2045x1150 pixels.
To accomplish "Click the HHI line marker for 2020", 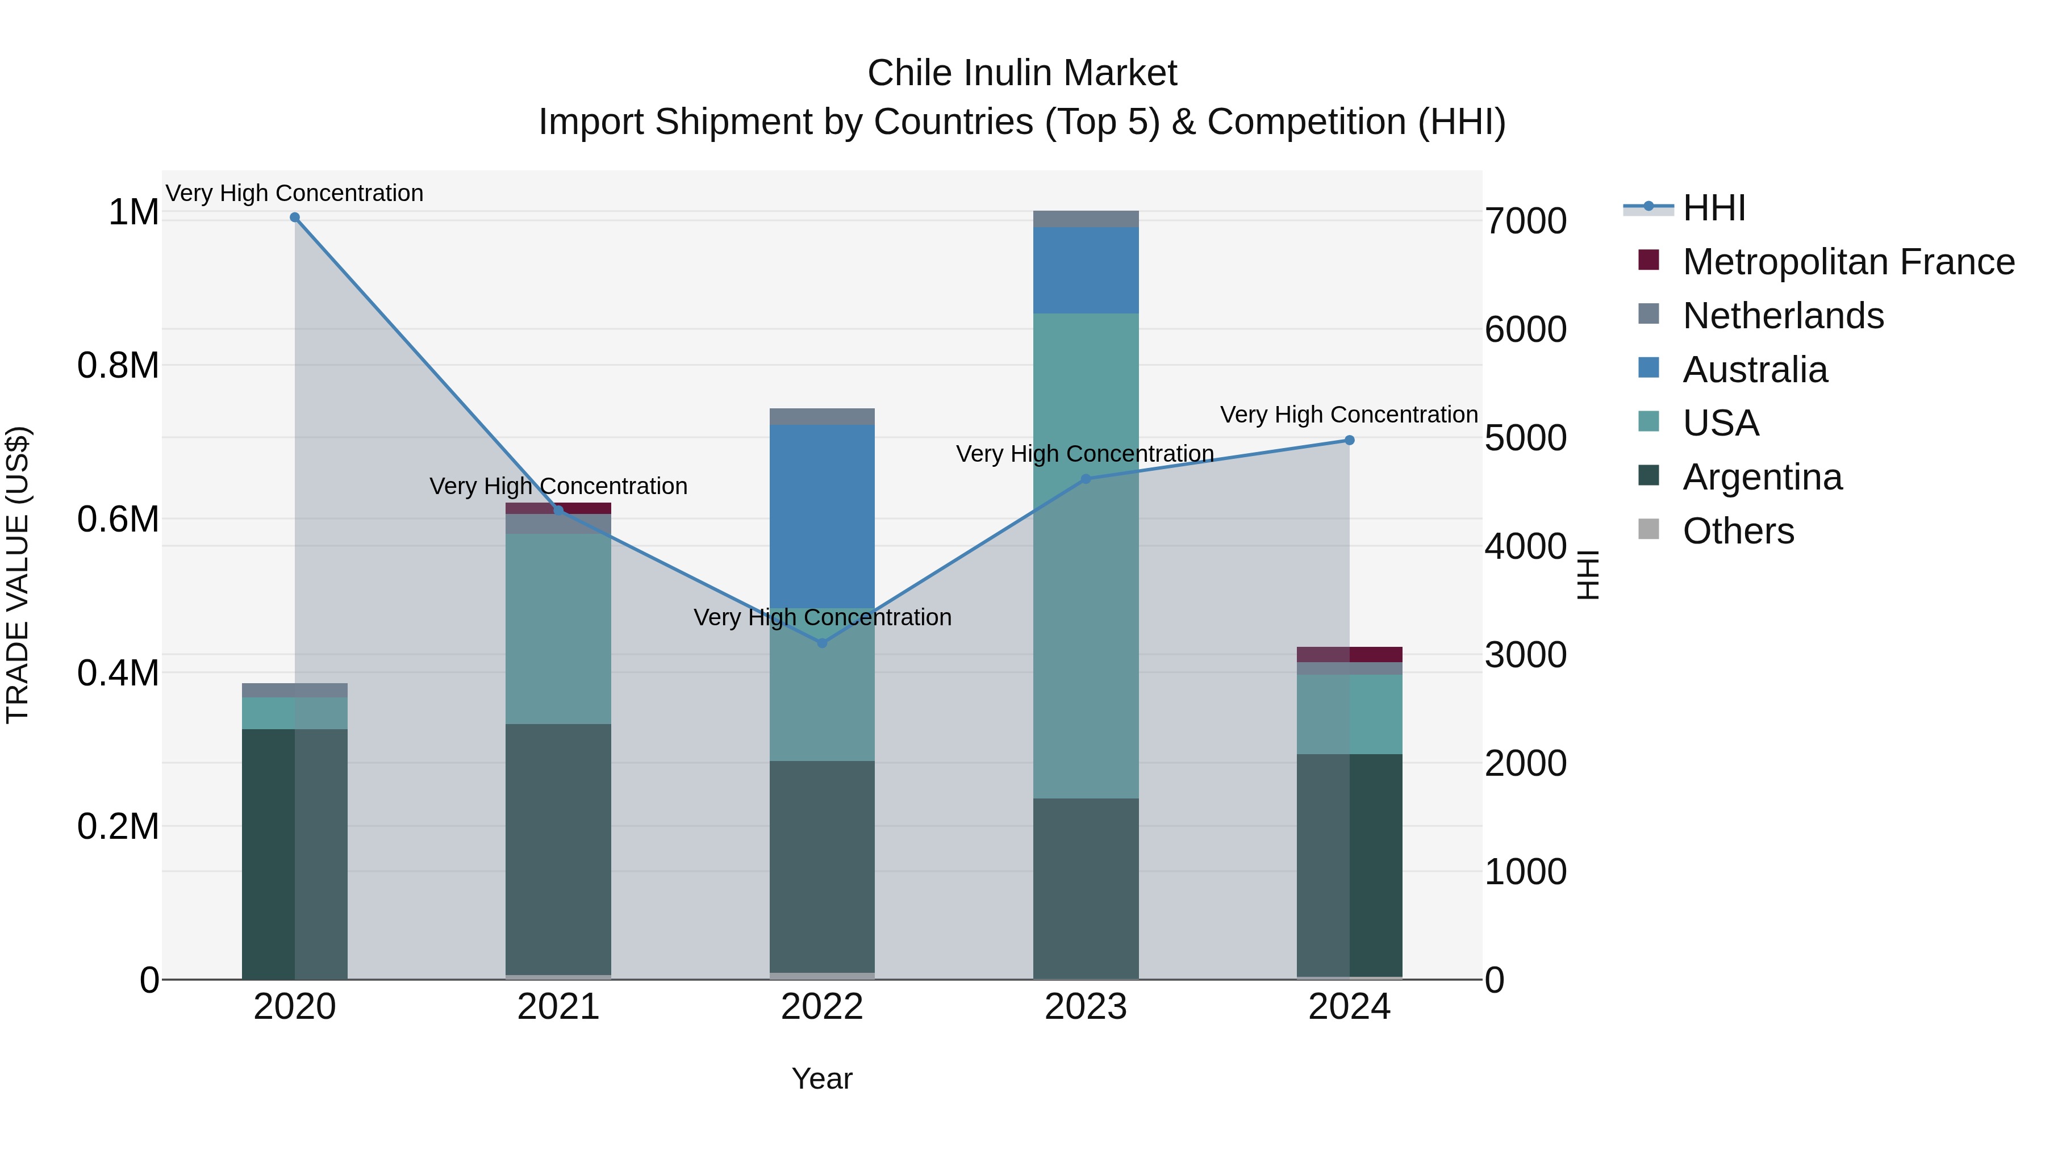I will click(294, 218).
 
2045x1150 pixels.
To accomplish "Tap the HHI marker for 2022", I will click(823, 643).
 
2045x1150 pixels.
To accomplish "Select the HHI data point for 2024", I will click(1350, 441).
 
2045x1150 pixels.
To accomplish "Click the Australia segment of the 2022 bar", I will click(823, 516).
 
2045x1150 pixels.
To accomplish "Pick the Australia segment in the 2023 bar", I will click(1086, 270).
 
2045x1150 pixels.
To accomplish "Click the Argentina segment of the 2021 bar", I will click(558, 849).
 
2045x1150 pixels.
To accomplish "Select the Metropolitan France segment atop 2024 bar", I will click(1350, 654).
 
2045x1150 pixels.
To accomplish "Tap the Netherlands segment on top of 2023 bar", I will click(1086, 219).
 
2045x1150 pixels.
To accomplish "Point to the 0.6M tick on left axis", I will click(118, 519).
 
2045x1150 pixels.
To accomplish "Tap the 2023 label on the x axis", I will click(1086, 1007).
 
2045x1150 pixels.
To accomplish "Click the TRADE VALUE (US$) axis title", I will click(18, 575).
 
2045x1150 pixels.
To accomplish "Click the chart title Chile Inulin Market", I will click(1022, 73).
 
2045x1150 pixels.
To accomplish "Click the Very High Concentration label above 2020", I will click(294, 193).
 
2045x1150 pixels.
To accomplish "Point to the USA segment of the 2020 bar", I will click(294, 713).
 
